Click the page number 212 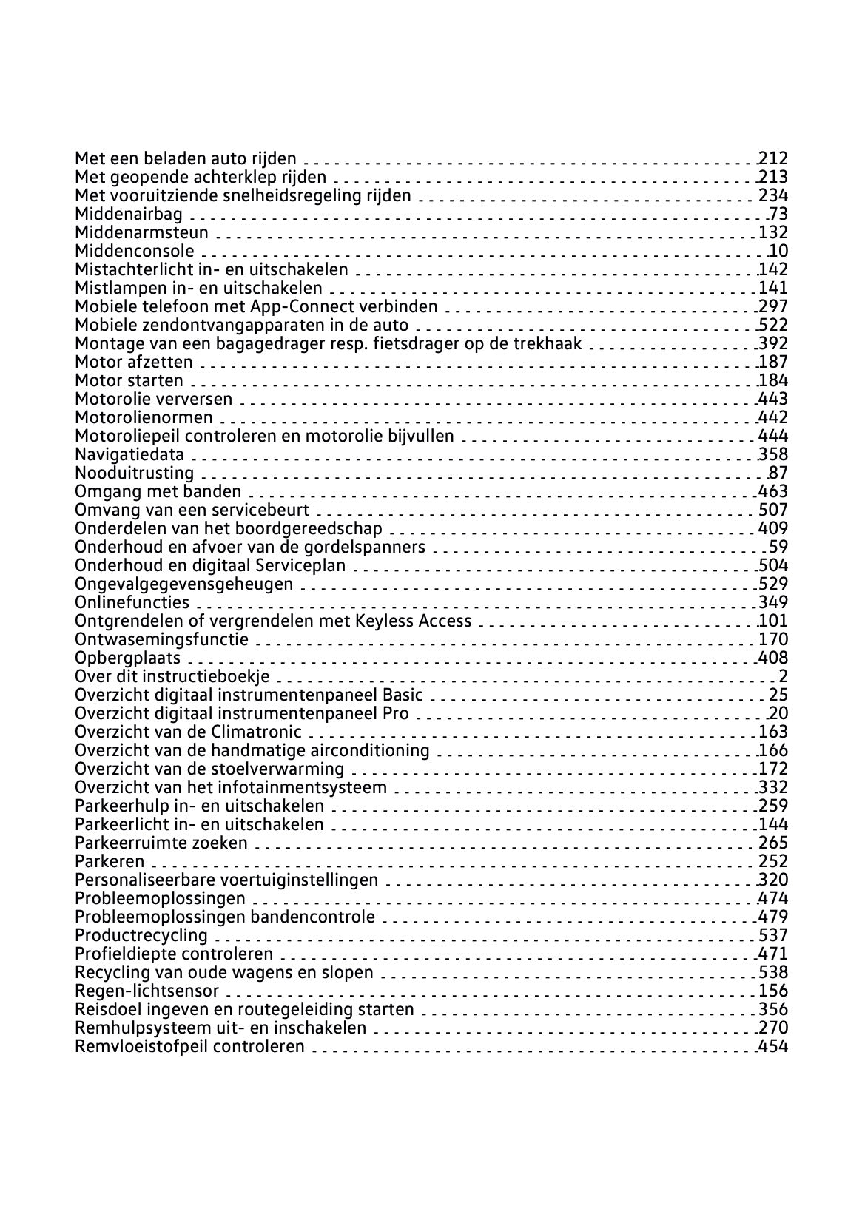[773, 158]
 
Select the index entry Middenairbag [129, 215]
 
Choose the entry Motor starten [129, 381]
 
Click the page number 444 [773, 437]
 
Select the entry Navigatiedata [129, 455]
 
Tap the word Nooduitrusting [134, 474]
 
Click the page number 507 [773, 511]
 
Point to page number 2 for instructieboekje [783, 677]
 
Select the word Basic [403, 695]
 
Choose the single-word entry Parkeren [110, 862]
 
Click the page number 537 [773, 936]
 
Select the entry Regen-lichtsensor [147, 991]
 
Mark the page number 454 [773, 1047]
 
